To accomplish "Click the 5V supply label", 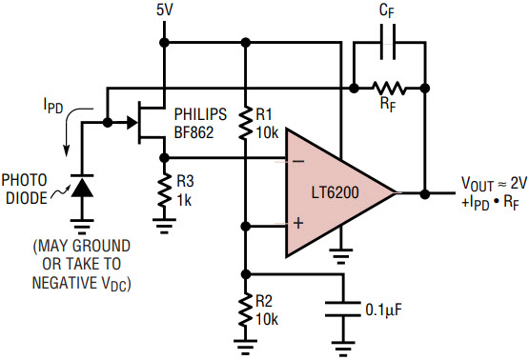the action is [165, 10].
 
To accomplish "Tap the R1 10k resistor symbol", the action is [246, 123].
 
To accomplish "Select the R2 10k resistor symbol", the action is [246, 310].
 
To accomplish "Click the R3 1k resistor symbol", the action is [164, 190].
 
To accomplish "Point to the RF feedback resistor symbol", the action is [389, 89].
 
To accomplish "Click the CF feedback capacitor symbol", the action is [388, 43].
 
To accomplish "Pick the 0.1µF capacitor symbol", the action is [343, 310].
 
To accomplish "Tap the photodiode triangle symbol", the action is [82, 186].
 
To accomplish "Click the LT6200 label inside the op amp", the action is [335, 192].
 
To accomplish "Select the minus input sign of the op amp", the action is [298, 162].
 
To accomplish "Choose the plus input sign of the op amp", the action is [298, 223].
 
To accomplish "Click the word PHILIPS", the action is [200, 114].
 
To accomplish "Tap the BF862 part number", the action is [194, 132].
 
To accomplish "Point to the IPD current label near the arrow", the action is [53, 105].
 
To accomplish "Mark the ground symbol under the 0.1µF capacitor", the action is [343, 350].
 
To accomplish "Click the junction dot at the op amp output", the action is [425, 194].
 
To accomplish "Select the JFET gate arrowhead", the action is [132, 122].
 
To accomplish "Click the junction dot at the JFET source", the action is [164, 157].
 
